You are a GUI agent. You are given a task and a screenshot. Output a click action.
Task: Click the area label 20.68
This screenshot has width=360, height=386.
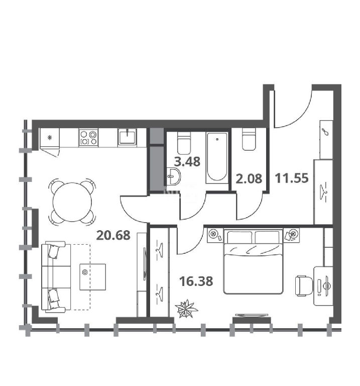(113, 235)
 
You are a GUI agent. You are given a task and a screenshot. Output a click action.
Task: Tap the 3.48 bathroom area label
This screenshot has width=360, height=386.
(187, 162)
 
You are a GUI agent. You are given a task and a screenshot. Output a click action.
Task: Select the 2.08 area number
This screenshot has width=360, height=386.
(249, 178)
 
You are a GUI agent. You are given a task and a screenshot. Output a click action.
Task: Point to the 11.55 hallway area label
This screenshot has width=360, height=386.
(291, 178)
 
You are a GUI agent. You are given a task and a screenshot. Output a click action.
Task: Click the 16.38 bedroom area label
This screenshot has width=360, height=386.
(196, 281)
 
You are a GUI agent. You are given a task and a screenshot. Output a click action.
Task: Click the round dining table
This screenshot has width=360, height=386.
(72, 202)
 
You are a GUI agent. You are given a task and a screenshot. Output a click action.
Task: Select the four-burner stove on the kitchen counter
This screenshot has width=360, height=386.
(88, 138)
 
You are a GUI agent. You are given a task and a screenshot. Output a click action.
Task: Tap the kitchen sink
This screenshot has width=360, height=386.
(127, 138)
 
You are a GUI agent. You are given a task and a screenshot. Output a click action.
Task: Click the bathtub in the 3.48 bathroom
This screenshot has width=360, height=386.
(217, 158)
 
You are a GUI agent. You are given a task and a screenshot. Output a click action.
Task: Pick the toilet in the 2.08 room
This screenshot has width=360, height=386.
(249, 140)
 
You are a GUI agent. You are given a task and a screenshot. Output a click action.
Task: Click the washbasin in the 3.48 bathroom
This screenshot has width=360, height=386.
(174, 176)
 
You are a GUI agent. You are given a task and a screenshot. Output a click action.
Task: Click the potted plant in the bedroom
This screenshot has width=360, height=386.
(186, 308)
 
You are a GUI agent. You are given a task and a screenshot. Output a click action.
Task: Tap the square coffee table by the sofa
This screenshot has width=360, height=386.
(93, 277)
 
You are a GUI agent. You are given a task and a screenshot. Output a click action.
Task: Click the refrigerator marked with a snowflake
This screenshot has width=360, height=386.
(50, 138)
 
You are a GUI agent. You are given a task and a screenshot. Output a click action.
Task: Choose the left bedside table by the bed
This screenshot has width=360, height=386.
(215, 235)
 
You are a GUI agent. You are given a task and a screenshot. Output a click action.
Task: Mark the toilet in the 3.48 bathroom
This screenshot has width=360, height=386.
(184, 143)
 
